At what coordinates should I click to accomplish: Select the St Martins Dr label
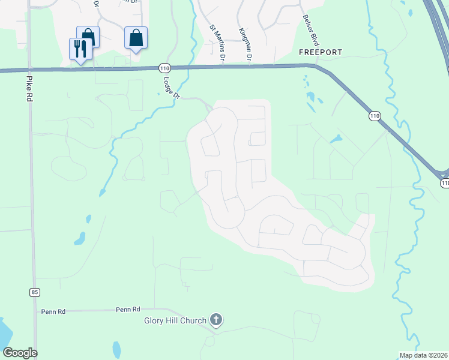pos(218,43)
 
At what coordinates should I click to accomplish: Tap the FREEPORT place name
pos(320,52)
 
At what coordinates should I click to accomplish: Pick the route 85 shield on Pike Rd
pos(35,292)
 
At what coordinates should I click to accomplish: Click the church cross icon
pos(217,320)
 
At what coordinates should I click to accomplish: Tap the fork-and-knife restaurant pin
pos(80,48)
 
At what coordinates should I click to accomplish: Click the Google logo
pos(20,353)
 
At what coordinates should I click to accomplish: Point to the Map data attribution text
pos(424,355)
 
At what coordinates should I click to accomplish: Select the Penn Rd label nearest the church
pos(128,310)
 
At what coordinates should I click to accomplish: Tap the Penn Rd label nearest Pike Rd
pos(53,312)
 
